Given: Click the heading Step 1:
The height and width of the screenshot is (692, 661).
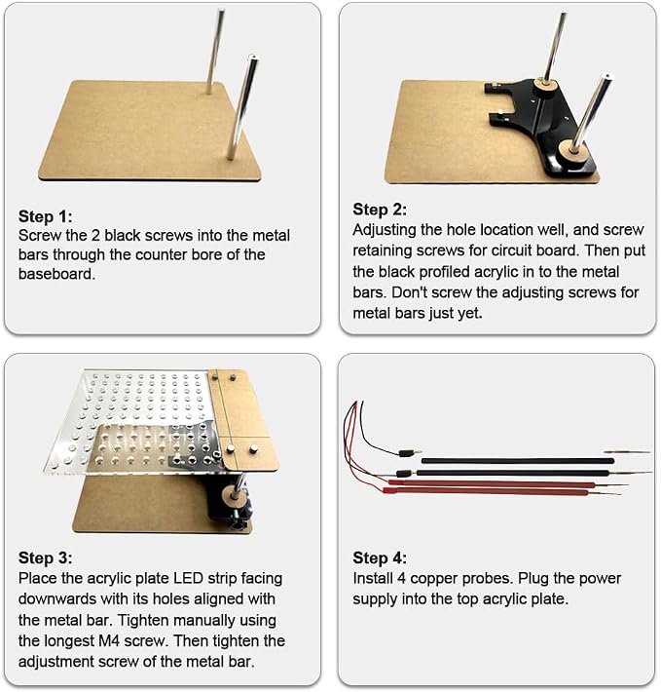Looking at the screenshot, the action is coord(45,216).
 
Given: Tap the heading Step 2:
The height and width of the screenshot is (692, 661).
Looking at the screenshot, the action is coord(380,210).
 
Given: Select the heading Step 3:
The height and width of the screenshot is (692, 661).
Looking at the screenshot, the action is coord(45,557).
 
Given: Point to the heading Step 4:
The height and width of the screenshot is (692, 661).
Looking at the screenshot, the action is coord(380,557).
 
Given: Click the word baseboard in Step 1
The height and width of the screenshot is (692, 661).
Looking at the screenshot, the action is coord(56,274).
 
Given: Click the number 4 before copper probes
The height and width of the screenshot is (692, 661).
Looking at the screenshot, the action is coord(401,578).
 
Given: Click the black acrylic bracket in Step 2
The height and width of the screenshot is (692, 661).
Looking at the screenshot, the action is coord(543,120).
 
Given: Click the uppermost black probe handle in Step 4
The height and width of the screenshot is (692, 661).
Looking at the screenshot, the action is coord(518,461).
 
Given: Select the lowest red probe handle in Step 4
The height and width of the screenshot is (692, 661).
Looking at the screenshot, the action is coord(486,491).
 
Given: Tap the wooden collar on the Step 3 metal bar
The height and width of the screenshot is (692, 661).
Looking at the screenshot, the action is coord(233,494).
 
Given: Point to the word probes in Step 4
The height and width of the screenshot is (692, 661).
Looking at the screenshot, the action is coord(485,579).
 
